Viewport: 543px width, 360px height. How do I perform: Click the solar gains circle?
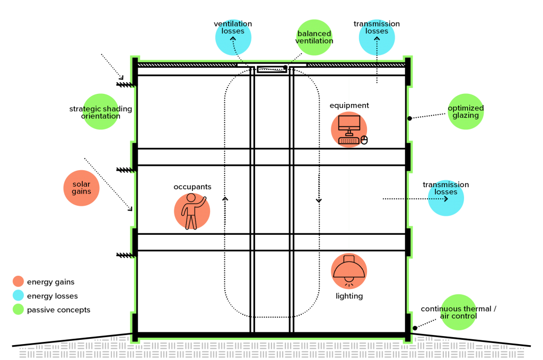tap(81, 188)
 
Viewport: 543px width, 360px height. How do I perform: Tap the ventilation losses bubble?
tap(233, 37)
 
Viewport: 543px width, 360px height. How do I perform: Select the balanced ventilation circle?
tap(314, 38)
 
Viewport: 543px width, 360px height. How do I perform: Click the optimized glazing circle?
tap(466, 111)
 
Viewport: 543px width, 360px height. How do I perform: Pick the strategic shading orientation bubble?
tap(101, 112)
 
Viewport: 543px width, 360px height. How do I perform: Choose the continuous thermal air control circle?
tap(459, 312)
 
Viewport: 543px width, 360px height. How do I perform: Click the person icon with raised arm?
tap(192, 211)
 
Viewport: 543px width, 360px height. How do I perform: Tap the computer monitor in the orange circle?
tap(349, 123)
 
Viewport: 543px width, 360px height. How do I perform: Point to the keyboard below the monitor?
tap(348, 141)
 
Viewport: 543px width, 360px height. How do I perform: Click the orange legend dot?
tap(19, 282)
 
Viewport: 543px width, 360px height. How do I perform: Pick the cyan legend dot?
tap(19, 295)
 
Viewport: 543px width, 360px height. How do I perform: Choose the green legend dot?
tap(19, 309)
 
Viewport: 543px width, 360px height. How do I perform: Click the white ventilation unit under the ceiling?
tap(271, 67)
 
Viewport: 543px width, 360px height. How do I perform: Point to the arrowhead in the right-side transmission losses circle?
tap(446, 199)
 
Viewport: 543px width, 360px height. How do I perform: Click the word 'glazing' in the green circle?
tap(466, 116)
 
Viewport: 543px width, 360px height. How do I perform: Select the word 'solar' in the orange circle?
tap(82, 185)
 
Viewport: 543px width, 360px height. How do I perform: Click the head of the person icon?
tap(191, 198)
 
